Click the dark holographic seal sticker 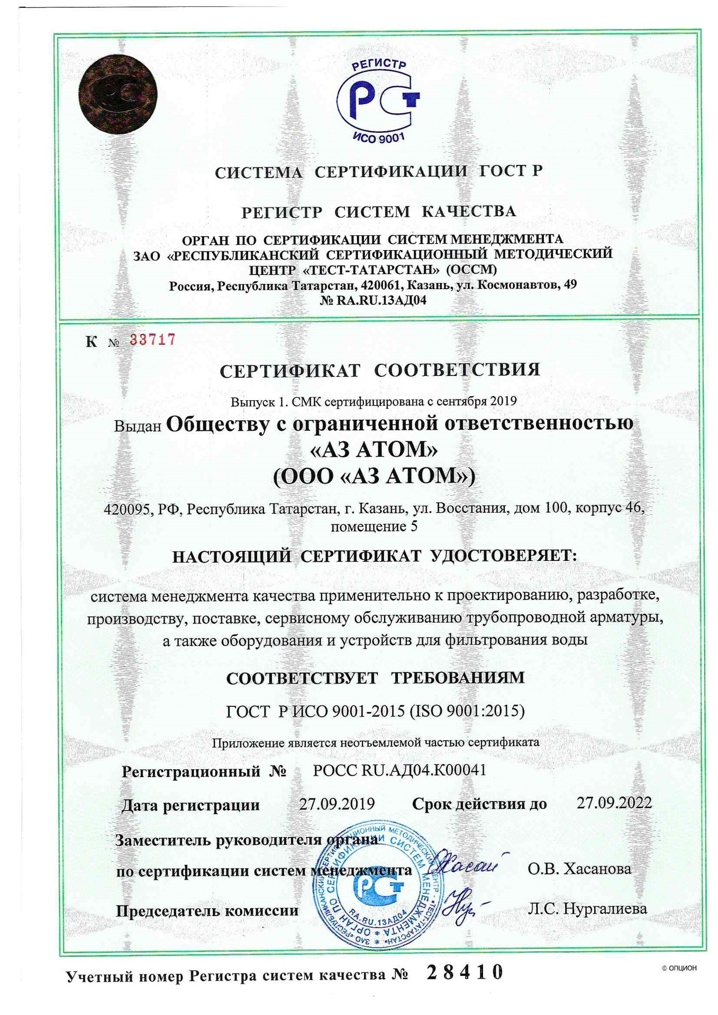[x=117, y=94]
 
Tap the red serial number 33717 [x=152, y=339]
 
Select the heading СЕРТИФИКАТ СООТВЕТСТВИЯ [x=380, y=370]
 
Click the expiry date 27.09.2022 [x=614, y=803]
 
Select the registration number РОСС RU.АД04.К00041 [x=399, y=770]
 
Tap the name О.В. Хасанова [x=579, y=869]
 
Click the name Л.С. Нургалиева [x=587, y=909]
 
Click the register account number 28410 [x=465, y=972]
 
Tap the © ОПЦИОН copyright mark [x=679, y=968]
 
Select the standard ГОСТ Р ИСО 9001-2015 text [x=375, y=711]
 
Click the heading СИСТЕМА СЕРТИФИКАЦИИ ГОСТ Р [x=378, y=172]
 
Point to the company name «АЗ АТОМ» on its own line [x=374, y=449]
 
